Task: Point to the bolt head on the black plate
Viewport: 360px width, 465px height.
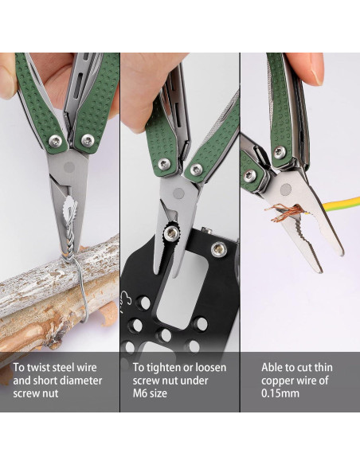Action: click(217, 250)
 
